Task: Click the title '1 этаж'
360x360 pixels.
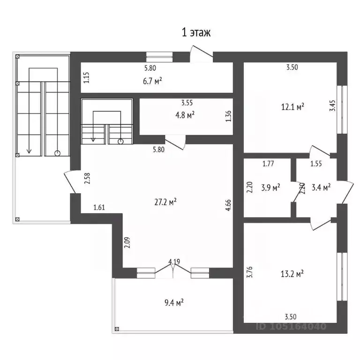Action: coord(196,32)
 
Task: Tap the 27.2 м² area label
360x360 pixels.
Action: coord(165,202)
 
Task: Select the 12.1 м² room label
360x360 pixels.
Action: coord(292,107)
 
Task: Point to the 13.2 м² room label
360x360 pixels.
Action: coord(292,274)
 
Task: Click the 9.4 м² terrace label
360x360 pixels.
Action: coord(174,303)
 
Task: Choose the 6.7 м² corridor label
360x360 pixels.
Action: coord(152,81)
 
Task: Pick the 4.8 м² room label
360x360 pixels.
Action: coord(185,115)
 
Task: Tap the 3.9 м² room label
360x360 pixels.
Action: coord(270,187)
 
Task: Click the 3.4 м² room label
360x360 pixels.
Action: coord(321,187)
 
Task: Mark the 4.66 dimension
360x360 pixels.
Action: coord(228,205)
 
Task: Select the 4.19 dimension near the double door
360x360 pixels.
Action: coord(174,262)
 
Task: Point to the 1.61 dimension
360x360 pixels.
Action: coord(99,207)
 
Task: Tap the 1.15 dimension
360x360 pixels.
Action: coord(86,78)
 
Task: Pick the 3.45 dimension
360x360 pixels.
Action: coord(332,105)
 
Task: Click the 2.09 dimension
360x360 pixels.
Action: coord(127,242)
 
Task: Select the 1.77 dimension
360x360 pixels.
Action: coord(268,164)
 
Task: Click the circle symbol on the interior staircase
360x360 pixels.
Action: coord(120,142)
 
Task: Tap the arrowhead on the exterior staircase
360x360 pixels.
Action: coord(29,151)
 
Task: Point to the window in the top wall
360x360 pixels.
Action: coord(159,57)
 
